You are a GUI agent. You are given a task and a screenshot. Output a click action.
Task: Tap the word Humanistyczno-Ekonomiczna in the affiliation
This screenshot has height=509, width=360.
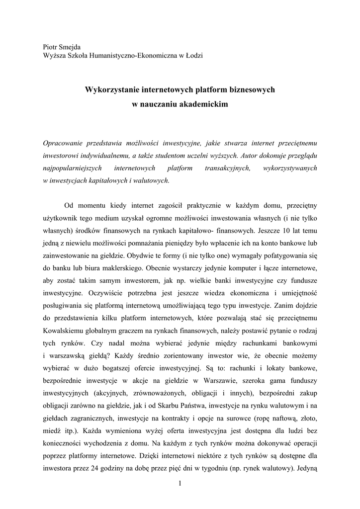[x=126, y=55]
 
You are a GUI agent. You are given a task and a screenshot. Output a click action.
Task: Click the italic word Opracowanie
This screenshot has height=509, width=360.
[x=64, y=142]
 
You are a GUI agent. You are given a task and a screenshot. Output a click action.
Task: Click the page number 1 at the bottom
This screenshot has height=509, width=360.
[x=180, y=485]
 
